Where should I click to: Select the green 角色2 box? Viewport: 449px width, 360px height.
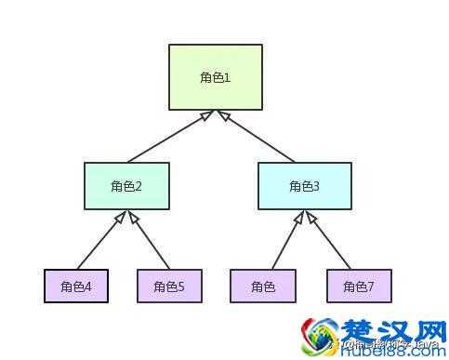pos(126,185)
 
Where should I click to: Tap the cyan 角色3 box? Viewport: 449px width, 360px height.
pos(304,185)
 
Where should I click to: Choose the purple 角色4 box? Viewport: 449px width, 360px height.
pos(76,286)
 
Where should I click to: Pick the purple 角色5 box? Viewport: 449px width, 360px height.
pos(169,286)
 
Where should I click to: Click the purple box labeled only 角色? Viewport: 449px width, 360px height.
pos(262,286)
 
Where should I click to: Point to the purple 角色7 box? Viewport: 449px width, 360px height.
pos(359,286)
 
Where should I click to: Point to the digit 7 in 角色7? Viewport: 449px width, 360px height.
pos(370,287)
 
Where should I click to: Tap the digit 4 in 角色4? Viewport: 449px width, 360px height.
pos(87,287)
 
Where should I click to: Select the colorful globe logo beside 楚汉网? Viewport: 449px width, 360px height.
pos(318,337)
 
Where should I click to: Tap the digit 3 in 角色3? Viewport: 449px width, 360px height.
pos(316,186)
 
